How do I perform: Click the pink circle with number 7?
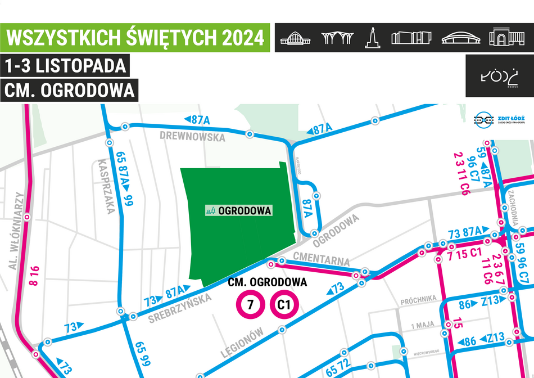pyautogui.click(x=248, y=305)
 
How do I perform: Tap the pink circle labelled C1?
pyautogui.click(x=284, y=305)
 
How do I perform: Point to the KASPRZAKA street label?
pyautogui.click(x=106, y=186)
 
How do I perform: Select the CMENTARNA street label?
pyautogui.click(x=322, y=259)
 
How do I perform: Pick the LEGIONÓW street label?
pyautogui.click(x=243, y=343)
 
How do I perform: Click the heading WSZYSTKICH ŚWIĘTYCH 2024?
pyautogui.click(x=135, y=38)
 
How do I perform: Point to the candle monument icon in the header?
pyautogui.click(x=372, y=37)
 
